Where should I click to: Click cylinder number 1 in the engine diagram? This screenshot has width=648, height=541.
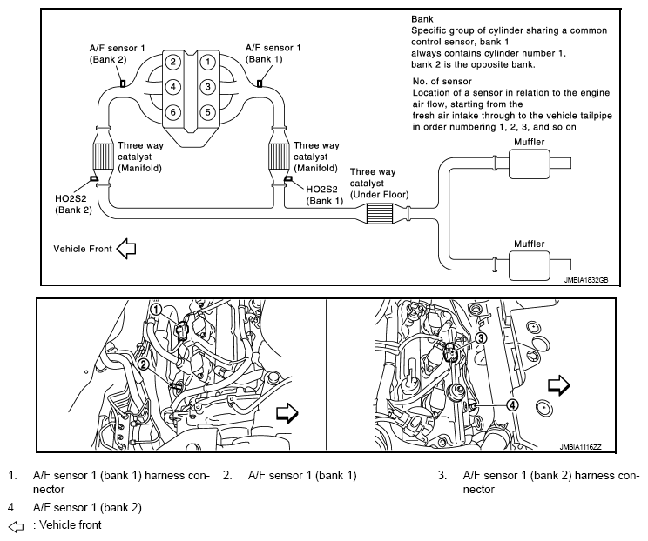pyautogui.click(x=209, y=62)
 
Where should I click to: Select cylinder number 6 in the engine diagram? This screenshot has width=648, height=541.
pyautogui.click(x=174, y=111)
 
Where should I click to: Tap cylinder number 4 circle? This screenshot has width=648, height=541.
pyautogui.click(x=174, y=87)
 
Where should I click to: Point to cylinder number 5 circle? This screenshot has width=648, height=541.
pyautogui.click(x=209, y=111)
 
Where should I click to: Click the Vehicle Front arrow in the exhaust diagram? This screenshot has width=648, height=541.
pyautogui.click(x=126, y=250)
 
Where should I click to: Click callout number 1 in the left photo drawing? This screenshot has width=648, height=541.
pyautogui.click(x=155, y=309)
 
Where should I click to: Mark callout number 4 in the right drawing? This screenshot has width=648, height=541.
pyautogui.click(x=512, y=404)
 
